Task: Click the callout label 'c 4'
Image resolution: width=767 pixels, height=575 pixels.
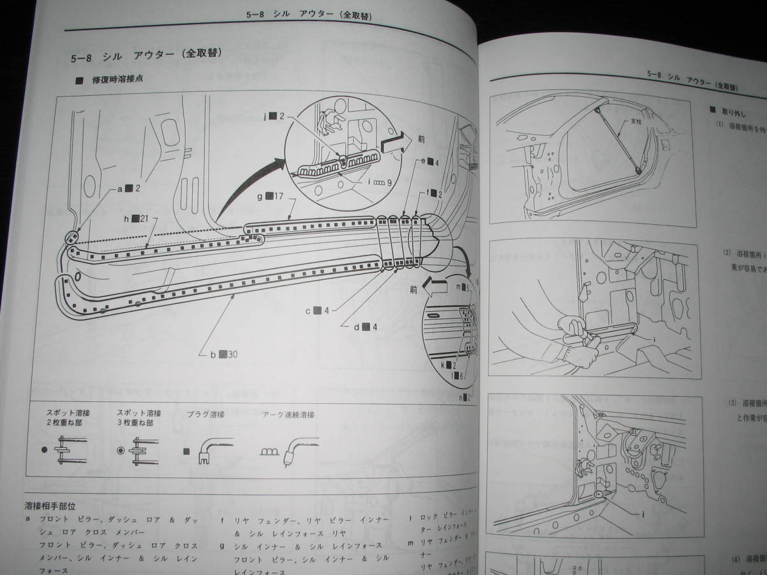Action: [317, 311]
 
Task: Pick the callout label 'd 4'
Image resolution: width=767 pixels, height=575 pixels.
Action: [366, 327]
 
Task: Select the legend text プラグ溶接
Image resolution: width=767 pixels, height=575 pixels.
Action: [203, 415]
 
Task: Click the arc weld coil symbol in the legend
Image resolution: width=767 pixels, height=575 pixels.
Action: [269, 452]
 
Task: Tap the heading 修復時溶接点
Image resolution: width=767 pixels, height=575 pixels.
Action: [119, 80]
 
